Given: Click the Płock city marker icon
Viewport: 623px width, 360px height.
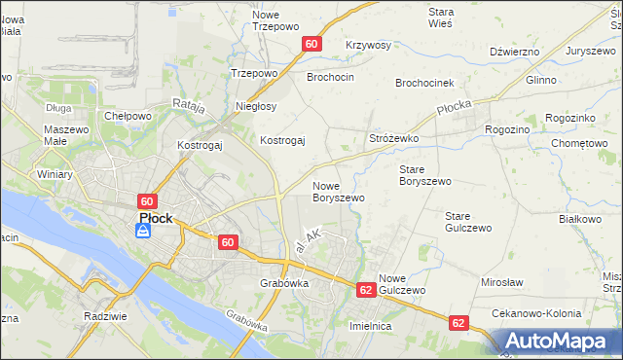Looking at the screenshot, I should [143, 232].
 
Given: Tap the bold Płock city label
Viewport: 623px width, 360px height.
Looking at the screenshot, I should [156, 219].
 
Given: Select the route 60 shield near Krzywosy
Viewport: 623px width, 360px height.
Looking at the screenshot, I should [311, 44].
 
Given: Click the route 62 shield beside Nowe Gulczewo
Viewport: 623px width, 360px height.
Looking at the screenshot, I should [366, 290].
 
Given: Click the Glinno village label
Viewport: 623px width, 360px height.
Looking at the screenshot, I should [541, 81].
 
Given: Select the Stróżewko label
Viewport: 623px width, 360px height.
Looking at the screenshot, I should [393, 139].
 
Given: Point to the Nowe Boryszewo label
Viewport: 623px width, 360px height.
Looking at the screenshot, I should [338, 192].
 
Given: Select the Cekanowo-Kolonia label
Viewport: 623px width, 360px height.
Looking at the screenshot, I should [537, 314].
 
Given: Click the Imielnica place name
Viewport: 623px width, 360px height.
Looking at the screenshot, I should [370, 327].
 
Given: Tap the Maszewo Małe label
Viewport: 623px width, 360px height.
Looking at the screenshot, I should [67, 135].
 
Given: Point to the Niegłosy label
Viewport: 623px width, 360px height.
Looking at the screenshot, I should [257, 106].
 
